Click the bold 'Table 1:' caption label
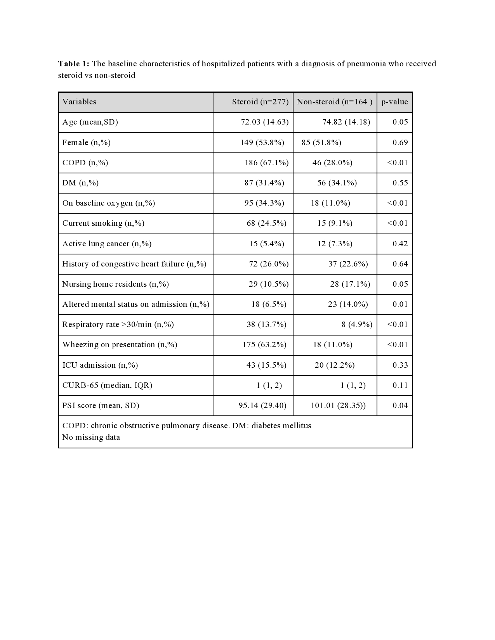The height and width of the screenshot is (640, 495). pyautogui.click(x=74, y=64)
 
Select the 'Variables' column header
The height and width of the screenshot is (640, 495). pyautogui.click(x=79, y=102)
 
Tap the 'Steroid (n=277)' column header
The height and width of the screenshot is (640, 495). pyautogui.click(x=260, y=102)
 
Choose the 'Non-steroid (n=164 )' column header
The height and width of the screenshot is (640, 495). pyautogui.click(x=334, y=102)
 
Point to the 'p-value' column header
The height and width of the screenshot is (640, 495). pyautogui.click(x=394, y=102)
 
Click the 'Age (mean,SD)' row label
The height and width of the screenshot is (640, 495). pyautogui.click(x=90, y=122)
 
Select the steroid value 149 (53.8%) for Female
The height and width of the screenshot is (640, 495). pyautogui.click(x=262, y=142)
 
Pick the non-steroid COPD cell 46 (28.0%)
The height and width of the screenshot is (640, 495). pyautogui.click(x=332, y=163)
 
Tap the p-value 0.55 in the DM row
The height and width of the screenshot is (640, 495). pyautogui.click(x=400, y=183)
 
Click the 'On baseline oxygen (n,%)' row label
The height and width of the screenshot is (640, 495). pyautogui.click(x=109, y=203)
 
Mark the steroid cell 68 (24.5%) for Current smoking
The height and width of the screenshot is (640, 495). pyautogui.click(x=266, y=223)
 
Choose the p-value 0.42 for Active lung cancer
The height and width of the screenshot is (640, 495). pyautogui.click(x=400, y=244)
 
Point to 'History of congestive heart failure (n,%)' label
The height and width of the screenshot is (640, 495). pyautogui.click(x=134, y=264)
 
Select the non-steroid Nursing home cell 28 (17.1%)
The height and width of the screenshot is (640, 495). pyautogui.click(x=350, y=284)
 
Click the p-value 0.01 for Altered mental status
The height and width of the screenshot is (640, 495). pyautogui.click(x=400, y=304)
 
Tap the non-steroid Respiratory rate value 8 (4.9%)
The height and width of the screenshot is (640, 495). pyautogui.click(x=357, y=324)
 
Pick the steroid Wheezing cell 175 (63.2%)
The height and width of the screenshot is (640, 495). pyautogui.click(x=264, y=344)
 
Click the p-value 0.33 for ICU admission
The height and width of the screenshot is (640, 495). pyautogui.click(x=400, y=365)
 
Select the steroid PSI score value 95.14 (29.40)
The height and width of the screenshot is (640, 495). pyautogui.click(x=262, y=405)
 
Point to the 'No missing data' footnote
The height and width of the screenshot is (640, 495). pyautogui.click(x=91, y=437)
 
